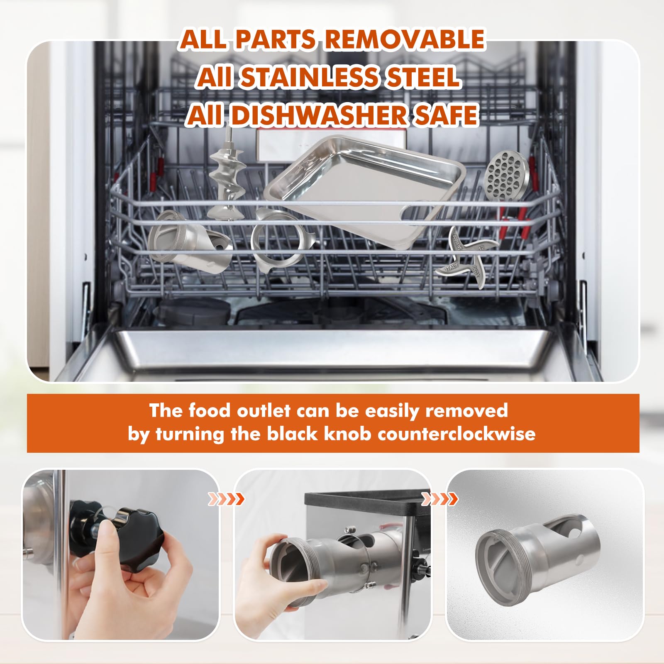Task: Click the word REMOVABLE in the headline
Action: click(404, 40)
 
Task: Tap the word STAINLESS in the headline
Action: click(309, 78)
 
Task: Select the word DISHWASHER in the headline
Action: click(318, 115)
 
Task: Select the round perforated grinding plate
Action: click(507, 176)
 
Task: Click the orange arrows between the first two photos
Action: click(226, 499)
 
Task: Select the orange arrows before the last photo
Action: click(439, 499)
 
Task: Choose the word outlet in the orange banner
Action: click(264, 410)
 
